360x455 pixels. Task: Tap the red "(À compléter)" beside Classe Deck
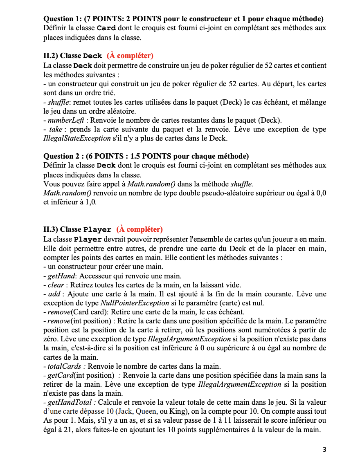tap(130, 56)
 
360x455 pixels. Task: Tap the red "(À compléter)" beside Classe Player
tap(139, 229)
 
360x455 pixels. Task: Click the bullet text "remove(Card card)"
tap(72, 312)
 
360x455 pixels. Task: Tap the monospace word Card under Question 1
tap(106, 28)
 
